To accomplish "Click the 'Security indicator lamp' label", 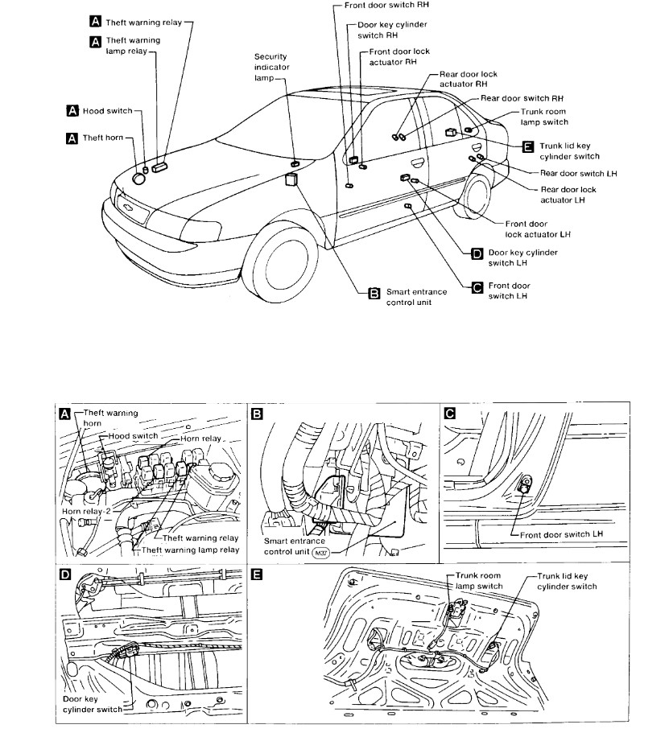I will coord(271,67).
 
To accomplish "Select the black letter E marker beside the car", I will coord(528,146).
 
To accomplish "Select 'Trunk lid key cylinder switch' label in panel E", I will coord(567,582).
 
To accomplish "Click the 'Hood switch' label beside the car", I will coord(106,110).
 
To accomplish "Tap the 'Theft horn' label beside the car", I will coord(103,138).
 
